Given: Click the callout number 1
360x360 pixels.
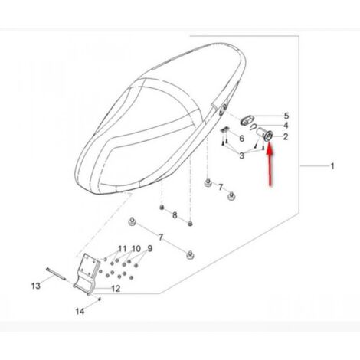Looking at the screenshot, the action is click(x=332, y=166).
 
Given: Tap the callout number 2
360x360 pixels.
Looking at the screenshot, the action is click(x=286, y=136).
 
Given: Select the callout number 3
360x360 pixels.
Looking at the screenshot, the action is click(x=241, y=155).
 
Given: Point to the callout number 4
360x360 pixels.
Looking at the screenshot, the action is click(x=286, y=126).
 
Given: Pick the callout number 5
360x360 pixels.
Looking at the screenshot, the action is click(x=286, y=116).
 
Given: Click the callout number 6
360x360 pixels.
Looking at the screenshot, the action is click(x=241, y=139).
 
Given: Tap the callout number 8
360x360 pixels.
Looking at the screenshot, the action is click(x=175, y=215).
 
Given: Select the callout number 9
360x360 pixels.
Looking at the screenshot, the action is click(x=150, y=248).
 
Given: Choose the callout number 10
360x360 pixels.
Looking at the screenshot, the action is click(x=136, y=248).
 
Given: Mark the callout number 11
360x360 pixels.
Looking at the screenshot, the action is click(x=122, y=249).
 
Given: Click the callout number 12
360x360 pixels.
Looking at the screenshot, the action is click(x=116, y=289).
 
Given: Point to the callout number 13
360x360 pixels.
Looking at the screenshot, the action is click(x=36, y=286).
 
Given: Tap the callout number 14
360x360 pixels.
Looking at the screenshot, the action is click(x=80, y=311).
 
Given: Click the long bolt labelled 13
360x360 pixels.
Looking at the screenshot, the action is click(x=56, y=273).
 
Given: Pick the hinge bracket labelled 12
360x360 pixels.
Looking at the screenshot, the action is click(x=85, y=274).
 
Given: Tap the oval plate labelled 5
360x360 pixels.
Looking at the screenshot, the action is click(x=247, y=120).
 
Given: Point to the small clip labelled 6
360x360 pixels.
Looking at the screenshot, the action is click(x=224, y=129).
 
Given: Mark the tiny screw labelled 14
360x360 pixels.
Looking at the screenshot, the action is click(x=100, y=299).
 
